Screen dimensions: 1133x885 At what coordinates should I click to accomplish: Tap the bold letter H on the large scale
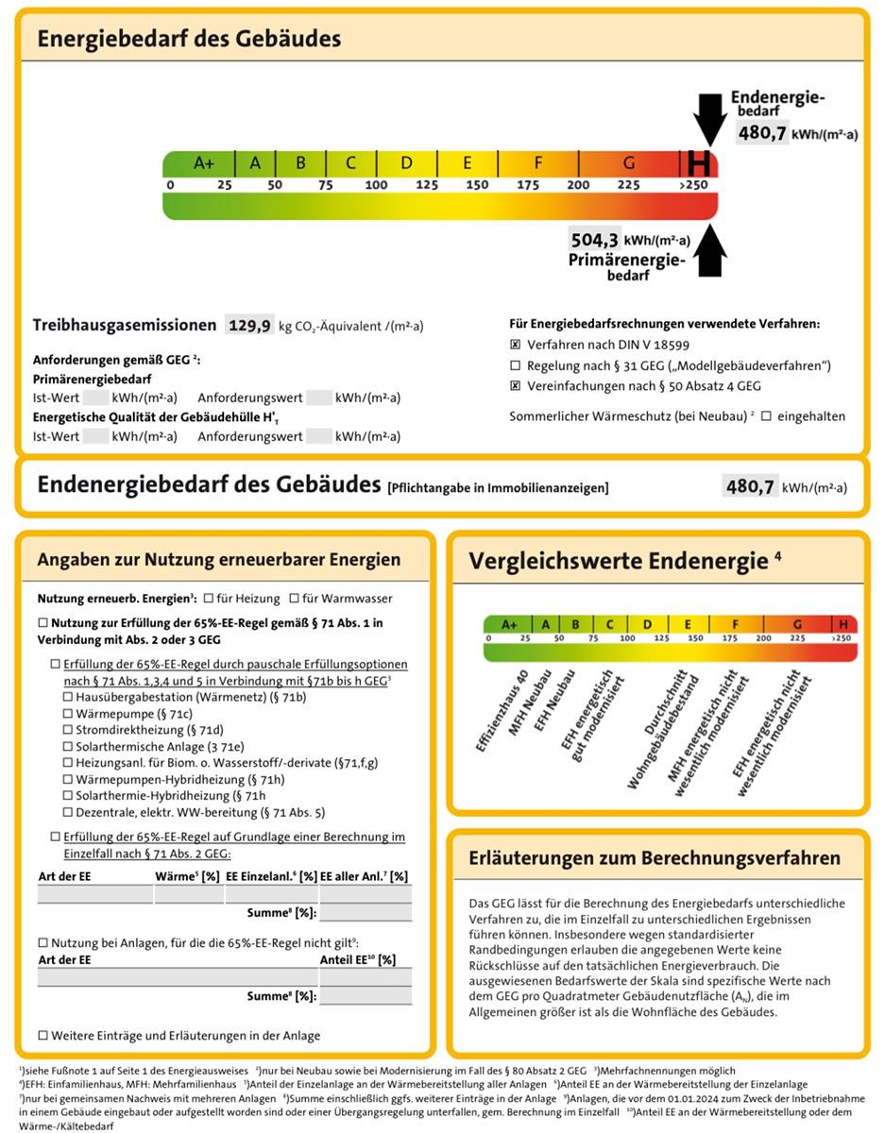(x=699, y=162)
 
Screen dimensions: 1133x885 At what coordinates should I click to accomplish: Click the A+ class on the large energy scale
(x=204, y=162)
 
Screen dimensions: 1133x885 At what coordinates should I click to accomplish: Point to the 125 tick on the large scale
(x=427, y=184)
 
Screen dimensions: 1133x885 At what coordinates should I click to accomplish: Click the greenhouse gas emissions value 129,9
(x=250, y=326)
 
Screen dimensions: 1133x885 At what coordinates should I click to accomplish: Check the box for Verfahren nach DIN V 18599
(x=516, y=345)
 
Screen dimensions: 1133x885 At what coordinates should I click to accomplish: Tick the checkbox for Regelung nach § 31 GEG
(x=516, y=365)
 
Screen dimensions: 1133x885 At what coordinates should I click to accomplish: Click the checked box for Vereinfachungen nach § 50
(x=516, y=386)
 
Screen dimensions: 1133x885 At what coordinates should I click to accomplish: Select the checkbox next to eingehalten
(x=766, y=415)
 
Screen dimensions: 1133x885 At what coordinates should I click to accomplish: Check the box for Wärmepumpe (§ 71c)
(x=68, y=714)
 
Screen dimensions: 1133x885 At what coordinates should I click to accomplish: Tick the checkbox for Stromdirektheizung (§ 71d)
(x=68, y=730)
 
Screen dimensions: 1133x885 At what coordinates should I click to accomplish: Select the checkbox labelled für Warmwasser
(x=295, y=599)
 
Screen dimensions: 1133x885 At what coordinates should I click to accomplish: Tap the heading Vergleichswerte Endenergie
(x=618, y=561)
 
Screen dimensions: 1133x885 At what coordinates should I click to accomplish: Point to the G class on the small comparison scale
(x=797, y=624)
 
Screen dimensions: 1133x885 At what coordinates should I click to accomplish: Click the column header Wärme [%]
(x=188, y=876)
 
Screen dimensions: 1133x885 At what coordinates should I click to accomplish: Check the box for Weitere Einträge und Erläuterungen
(x=43, y=1035)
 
